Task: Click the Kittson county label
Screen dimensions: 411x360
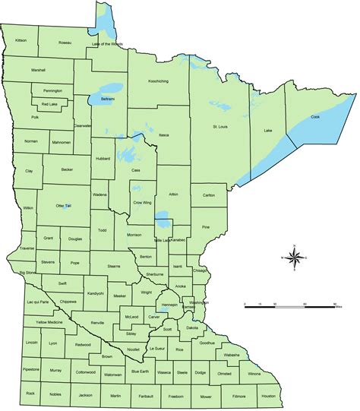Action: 21,40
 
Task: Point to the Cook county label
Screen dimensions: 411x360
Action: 314,117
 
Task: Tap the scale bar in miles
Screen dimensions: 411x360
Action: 289,304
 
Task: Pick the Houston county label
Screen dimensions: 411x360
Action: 268,396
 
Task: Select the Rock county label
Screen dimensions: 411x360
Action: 30,393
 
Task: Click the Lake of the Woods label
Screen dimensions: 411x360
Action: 108,44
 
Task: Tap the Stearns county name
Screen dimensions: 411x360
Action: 114,267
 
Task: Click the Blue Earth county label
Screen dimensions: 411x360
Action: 140,371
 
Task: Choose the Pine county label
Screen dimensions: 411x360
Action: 205,227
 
